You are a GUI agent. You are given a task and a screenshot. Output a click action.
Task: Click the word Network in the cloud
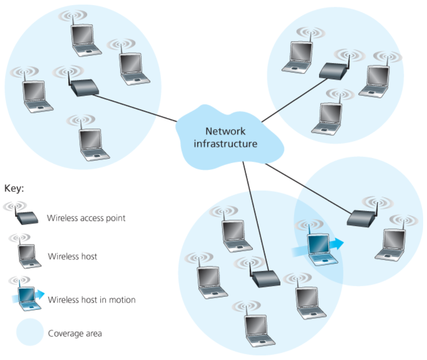(x=225, y=131)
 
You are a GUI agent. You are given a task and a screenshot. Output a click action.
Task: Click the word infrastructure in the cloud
(x=225, y=144)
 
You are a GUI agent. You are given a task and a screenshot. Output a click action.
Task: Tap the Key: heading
(x=14, y=188)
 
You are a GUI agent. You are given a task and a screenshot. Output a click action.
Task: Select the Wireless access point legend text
(x=86, y=218)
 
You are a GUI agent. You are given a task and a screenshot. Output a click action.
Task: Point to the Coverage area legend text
(x=75, y=334)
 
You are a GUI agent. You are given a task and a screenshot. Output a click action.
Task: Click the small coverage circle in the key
(x=30, y=332)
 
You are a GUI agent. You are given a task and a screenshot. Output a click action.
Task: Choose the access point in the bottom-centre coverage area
(x=266, y=278)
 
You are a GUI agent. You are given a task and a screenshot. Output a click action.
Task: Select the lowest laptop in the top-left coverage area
(x=93, y=144)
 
